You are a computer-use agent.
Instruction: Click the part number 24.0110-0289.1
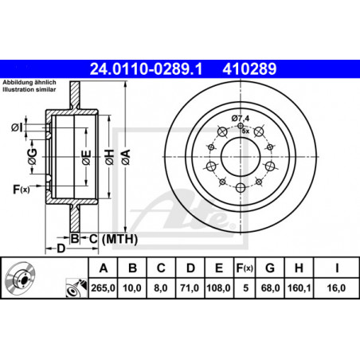point(146,69)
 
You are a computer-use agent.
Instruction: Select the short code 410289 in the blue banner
point(249,69)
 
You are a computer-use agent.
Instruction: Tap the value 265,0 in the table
point(103,288)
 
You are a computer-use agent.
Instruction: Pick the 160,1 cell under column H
point(299,288)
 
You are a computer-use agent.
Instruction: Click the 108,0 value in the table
point(218,288)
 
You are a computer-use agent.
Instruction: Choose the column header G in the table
point(270,268)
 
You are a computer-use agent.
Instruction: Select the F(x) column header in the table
point(245,268)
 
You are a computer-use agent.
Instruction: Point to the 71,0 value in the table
point(190,288)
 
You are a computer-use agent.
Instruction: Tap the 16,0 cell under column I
point(336,288)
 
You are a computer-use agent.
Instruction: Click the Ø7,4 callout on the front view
point(241,118)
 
